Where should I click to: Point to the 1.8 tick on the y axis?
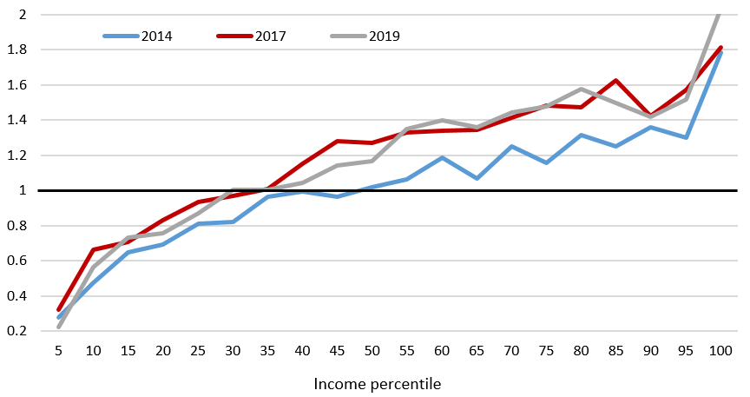(18, 50)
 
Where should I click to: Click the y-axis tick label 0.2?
(18, 331)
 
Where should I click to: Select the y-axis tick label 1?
(23, 190)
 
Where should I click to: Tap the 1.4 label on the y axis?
(18, 120)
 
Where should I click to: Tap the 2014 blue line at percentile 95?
(686, 137)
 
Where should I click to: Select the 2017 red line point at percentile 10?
(92, 249)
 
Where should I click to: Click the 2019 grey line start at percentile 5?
(58, 327)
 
